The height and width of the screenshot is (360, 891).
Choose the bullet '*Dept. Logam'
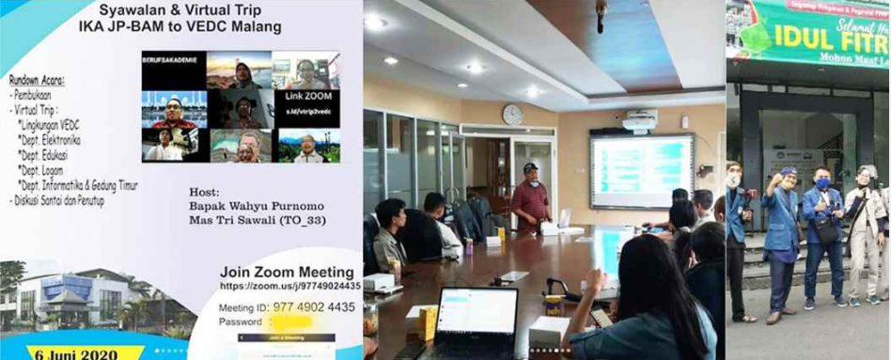[x=45, y=172]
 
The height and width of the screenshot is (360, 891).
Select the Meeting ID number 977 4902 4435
[x=314, y=305]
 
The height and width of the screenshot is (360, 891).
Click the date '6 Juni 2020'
[x=74, y=354]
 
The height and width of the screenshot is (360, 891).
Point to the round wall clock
[x=512, y=115]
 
